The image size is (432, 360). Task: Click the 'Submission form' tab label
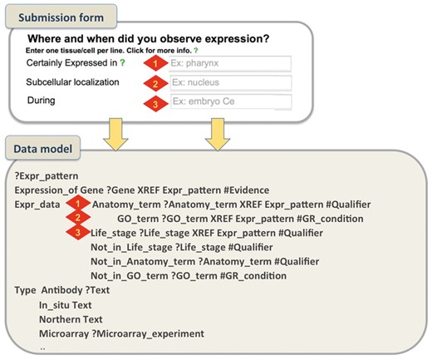point(56,17)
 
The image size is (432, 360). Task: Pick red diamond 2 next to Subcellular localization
point(154,83)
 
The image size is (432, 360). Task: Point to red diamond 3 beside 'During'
point(154,102)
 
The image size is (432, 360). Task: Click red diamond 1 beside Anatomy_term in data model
point(76,204)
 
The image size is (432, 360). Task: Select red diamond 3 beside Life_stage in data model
point(76,233)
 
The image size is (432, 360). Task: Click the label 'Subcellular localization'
point(72,83)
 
